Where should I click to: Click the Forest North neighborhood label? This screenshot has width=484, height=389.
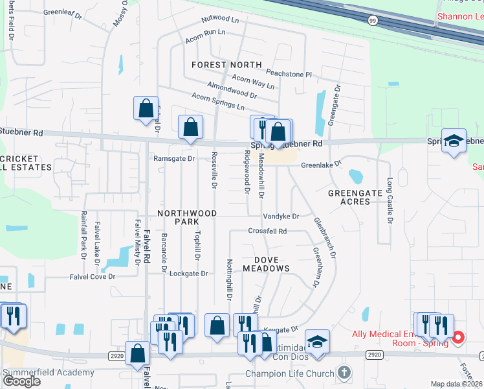(x=226, y=65)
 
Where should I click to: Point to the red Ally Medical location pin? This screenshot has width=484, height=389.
(x=458, y=337)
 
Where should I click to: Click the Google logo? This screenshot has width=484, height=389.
(x=22, y=381)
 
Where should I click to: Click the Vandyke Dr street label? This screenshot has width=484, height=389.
(x=281, y=217)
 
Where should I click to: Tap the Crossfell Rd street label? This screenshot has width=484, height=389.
(x=267, y=231)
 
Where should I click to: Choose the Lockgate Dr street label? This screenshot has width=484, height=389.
(x=188, y=274)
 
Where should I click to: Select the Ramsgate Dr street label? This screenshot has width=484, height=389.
(x=173, y=158)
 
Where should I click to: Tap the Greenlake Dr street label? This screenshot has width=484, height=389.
(x=320, y=165)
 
